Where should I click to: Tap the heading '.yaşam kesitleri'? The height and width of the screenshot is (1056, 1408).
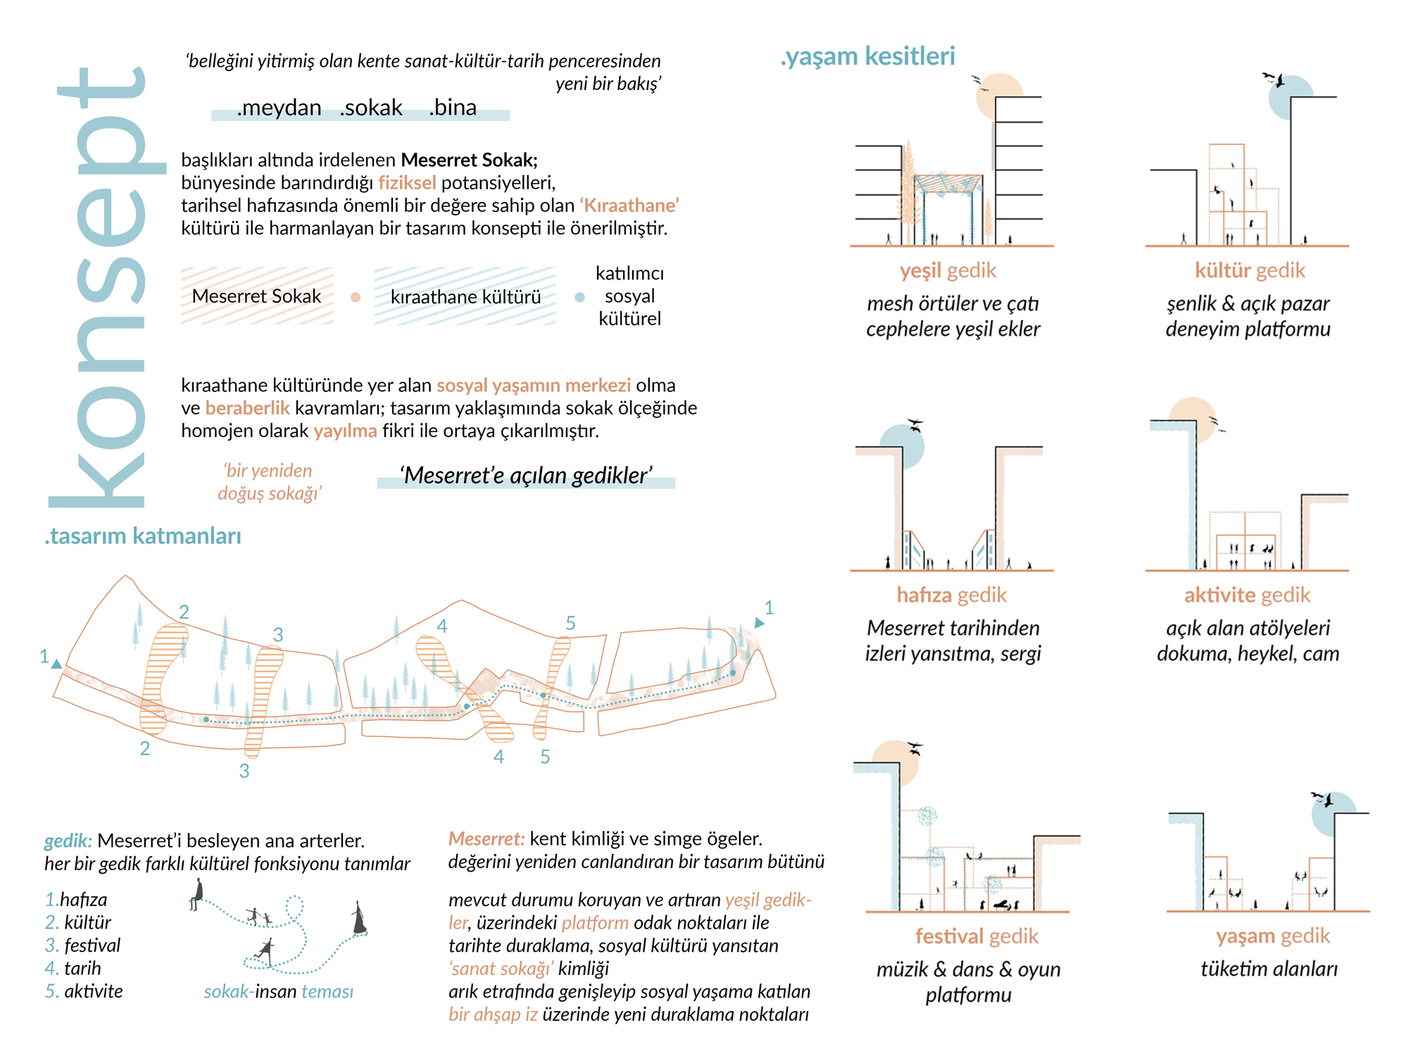tap(867, 56)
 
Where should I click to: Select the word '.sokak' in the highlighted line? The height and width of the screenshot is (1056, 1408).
tap(371, 108)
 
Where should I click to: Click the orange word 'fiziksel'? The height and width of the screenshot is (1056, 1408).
tap(407, 183)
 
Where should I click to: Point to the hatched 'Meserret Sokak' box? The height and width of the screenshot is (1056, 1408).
tap(256, 296)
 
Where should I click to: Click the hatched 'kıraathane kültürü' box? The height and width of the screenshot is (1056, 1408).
tap(465, 297)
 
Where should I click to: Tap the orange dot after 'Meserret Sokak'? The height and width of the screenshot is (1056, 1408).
tap(356, 298)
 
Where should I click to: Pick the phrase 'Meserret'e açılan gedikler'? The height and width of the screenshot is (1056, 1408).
tap(526, 476)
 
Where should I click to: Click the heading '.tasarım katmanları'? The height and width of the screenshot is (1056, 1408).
tap(143, 536)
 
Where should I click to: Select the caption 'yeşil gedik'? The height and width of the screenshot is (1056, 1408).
tap(948, 271)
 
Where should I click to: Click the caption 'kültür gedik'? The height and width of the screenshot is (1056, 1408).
tap(1250, 271)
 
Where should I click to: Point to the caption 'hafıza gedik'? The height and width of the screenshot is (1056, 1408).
tap(951, 596)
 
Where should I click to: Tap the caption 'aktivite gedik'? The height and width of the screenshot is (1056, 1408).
tap(1247, 596)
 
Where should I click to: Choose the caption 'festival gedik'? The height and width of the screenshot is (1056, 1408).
tap(976, 937)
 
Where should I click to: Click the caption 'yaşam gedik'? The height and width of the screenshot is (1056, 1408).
tap(1273, 936)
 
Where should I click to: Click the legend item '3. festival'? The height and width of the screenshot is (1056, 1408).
tap(83, 945)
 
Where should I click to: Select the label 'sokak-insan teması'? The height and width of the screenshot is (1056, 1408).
tap(278, 992)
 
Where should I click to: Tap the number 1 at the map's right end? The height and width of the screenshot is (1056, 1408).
tap(769, 608)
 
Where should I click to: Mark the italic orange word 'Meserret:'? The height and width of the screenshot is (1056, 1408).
tap(486, 839)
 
